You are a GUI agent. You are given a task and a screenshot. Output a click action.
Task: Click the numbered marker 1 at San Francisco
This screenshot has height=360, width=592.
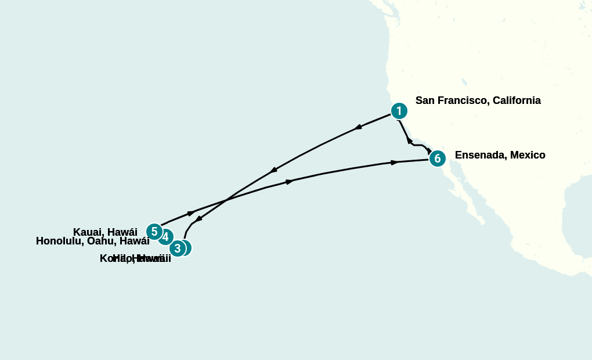coord(398,111)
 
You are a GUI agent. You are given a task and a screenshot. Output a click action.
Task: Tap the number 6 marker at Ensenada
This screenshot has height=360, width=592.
coord(437,158)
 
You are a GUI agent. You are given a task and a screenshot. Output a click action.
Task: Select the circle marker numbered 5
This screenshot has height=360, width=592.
coord(154,232)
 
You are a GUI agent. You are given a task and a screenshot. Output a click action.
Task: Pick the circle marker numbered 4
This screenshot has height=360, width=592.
coord(165,237)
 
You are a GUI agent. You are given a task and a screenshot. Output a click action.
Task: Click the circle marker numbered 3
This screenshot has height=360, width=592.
coord(178,249)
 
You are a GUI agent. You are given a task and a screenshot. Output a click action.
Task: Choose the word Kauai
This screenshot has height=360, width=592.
coord(88,232)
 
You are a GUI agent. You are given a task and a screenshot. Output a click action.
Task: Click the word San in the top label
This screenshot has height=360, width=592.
coord(425,100)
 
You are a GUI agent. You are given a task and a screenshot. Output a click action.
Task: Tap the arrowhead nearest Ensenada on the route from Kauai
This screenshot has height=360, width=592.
coord(395,162)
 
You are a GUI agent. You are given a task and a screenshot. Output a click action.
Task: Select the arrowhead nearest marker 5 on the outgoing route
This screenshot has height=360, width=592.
coord(191,213)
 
